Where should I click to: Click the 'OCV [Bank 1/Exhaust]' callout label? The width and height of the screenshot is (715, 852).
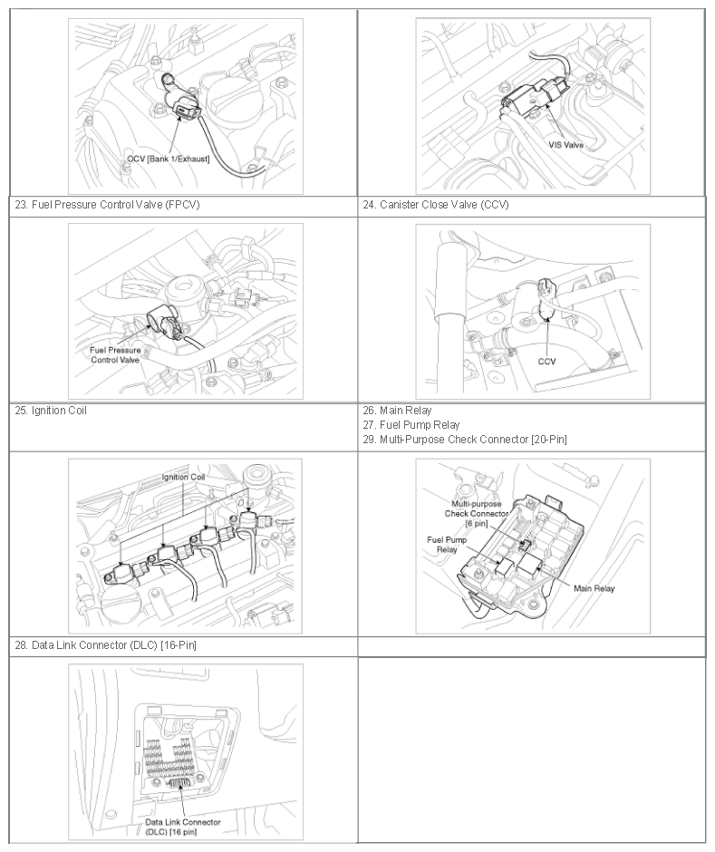(x=169, y=159)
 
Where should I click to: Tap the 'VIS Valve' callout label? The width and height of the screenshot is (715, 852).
(x=566, y=145)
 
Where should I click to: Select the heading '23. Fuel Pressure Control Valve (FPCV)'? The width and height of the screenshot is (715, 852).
(x=107, y=205)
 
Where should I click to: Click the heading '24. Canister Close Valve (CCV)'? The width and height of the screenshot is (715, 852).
(x=436, y=205)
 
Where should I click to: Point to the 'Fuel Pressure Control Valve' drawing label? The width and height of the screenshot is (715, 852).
(x=115, y=354)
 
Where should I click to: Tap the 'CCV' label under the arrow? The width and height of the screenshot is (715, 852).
(x=547, y=362)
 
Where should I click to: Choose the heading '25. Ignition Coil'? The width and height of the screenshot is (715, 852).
(x=51, y=411)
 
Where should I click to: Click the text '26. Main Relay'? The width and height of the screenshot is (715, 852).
(x=397, y=411)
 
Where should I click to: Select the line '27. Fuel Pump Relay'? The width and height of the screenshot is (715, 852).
(x=411, y=425)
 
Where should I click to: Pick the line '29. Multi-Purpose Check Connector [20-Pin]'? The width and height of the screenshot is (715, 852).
(x=465, y=439)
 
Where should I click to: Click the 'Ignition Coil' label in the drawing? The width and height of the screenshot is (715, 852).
(x=184, y=477)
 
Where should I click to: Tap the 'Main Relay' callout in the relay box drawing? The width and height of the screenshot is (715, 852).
(x=594, y=588)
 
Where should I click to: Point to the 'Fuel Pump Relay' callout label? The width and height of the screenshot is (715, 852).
(x=447, y=545)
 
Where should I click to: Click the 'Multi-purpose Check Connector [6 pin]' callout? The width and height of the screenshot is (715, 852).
(x=477, y=514)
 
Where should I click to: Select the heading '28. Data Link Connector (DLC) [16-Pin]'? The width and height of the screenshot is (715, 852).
(x=105, y=645)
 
